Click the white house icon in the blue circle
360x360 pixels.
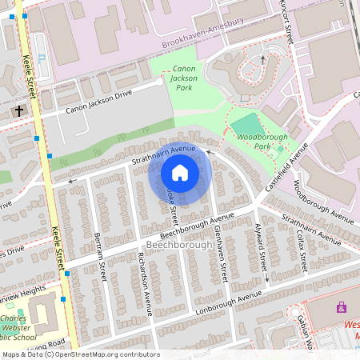pyautogui.click(x=180, y=173)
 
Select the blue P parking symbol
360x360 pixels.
pyautogui.click(x=42, y=59)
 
